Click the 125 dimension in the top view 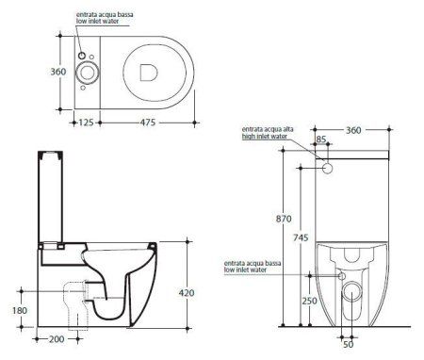pyautogui.click(x=86, y=123)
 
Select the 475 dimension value pyautogui.click(x=148, y=123)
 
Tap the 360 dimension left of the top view pyautogui.click(x=58, y=72)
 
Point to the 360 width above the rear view pyautogui.click(x=353, y=130)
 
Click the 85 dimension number pyautogui.click(x=321, y=139)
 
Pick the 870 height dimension pyautogui.click(x=284, y=219)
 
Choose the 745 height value pyautogui.click(x=301, y=237)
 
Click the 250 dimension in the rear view pyautogui.click(x=310, y=301)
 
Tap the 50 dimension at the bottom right pyautogui.click(x=348, y=344)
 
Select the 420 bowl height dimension pyautogui.click(x=187, y=293)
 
